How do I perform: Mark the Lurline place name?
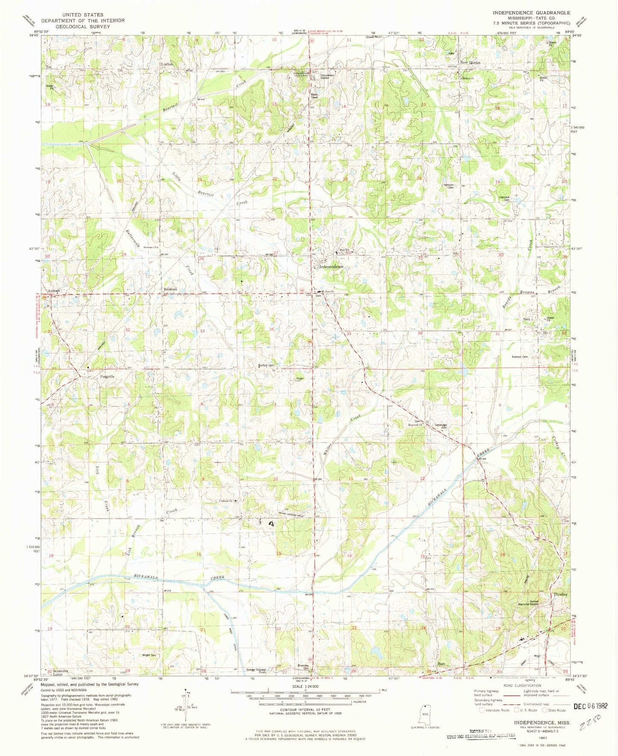(x=167, y=64)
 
